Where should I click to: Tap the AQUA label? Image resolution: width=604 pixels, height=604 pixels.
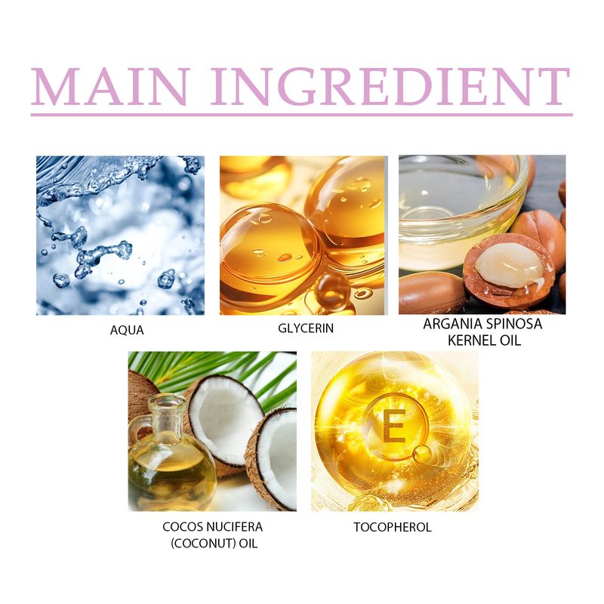pos(127,330)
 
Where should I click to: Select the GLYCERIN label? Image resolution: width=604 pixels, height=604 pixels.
pos(306,328)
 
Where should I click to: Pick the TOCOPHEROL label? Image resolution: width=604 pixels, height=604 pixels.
pos(392,527)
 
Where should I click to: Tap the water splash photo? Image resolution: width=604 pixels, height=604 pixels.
pos(120,235)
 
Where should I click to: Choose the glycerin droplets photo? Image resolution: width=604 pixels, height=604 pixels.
pos(303,235)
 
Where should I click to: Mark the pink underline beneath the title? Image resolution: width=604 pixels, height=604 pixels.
pos(302,115)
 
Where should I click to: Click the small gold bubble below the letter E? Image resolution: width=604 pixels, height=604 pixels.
pos(423,453)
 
